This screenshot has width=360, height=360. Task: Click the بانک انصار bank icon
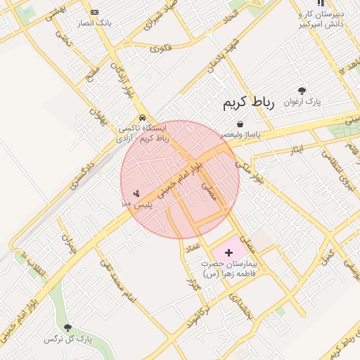[x=95, y=12]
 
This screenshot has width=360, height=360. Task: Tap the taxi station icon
[x=143, y=117]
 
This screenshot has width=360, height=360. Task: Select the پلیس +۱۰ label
[x=136, y=204]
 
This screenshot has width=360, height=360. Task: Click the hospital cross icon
[x=229, y=252]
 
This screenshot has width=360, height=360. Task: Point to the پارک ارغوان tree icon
[x=302, y=91]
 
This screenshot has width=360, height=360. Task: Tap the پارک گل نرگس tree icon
[x=68, y=328]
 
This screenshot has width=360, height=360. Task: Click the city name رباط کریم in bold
[x=247, y=103]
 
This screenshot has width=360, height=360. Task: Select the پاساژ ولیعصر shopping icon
[x=240, y=124]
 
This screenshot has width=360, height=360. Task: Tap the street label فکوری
[x=160, y=49]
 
